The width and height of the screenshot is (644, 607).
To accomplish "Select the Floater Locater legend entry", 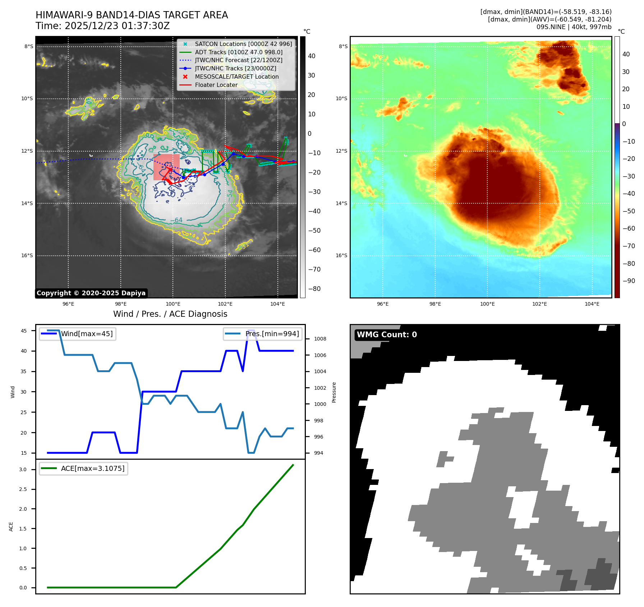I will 216,85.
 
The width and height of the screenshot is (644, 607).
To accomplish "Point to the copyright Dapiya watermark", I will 91,293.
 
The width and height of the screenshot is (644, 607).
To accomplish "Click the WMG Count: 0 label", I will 387,335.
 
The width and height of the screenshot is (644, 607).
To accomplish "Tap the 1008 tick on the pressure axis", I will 320,339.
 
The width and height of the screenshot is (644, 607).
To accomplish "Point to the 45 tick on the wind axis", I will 24,331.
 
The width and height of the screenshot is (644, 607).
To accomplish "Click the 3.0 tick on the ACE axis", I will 23,469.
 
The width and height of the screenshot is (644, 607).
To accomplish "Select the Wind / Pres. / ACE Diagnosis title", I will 170,314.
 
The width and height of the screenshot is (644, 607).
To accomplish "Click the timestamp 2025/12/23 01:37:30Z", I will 117,26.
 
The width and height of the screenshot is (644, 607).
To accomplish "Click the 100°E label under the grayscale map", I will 173,304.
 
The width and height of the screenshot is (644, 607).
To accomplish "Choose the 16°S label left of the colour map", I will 341,256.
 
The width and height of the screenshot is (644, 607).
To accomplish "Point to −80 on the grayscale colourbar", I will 314,289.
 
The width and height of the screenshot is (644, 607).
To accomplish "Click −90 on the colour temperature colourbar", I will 629,281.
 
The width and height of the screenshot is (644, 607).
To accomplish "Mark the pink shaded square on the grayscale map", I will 166,167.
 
